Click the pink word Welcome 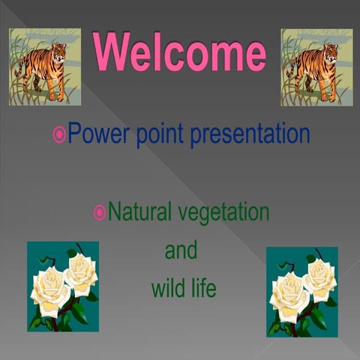click(x=179, y=52)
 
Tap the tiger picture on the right click(x=316, y=67)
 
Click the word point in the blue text click(x=160, y=135)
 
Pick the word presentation click(x=250, y=134)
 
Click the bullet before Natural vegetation click(x=99, y=213)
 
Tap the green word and click(x=181, y=250)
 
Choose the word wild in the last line click(x=166, y=287)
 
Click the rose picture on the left click(x=63, y=286)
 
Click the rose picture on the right click(x=302, y=291)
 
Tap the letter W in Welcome click(x=109, y=52)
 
